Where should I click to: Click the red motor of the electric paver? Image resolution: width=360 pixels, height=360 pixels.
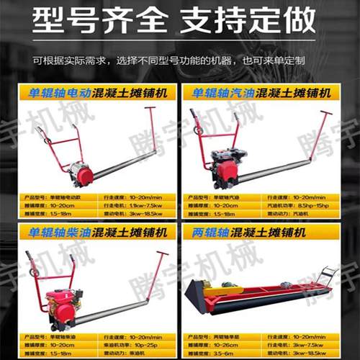coord(83,175)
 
